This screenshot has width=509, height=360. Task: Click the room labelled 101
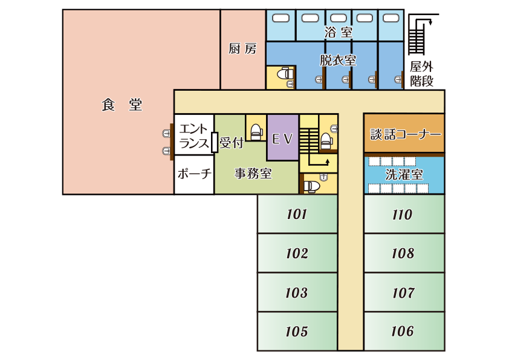tap(297, 214)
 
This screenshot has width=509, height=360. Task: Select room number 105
tap(297, 332)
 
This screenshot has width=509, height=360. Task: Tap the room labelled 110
tap(403, 214)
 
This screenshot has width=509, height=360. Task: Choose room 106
tap(403, 332)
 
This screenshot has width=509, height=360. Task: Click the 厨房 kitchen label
tap(242, 49)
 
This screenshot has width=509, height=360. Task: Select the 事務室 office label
tap(253, 174)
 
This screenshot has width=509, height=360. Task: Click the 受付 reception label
tap(231, 143)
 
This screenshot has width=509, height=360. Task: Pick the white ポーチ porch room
tap(194, 174)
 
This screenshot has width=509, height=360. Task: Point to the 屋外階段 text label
tap(422, 74)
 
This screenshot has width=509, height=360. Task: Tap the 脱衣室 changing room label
tap(337, 61)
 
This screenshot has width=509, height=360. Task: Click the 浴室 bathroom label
tap(338, 33)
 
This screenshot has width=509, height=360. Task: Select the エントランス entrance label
tap(193, 137)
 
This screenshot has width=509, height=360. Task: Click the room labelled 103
tap(297, 293)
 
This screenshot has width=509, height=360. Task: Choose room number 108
tap(403, 253)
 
